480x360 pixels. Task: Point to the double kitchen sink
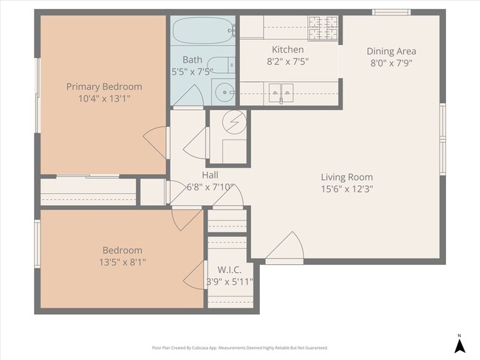(281, 91)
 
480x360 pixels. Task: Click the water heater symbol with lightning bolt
(234, 121)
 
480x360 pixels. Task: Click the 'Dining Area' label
(391, 51)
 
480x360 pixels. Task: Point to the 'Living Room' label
(346, 177)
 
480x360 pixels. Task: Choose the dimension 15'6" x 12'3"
(346, 189)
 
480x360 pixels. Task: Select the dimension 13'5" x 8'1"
(123, 262)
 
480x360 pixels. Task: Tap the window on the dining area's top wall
(391, 12)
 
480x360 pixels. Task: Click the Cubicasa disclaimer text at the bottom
(239, 347)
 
